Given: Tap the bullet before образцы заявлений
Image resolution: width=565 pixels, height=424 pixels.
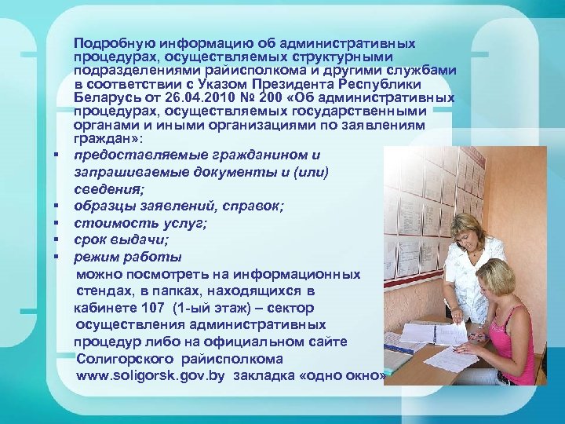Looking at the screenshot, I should tap(58, 207).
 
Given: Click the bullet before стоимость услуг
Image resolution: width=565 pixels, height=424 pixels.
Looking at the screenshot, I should tap(58, 224).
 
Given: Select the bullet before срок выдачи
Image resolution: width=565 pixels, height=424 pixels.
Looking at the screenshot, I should tap(58, 239).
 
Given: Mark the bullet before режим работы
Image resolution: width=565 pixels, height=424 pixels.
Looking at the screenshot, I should tap(58, 257).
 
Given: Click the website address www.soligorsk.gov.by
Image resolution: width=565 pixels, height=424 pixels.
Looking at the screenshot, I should tap(151, 377).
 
